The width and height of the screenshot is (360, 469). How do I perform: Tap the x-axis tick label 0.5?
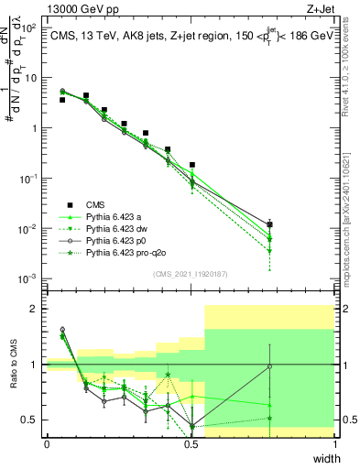(x=191, y=444)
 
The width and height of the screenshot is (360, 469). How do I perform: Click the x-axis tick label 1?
(x=335, y=444)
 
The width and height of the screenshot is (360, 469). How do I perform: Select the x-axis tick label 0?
(x=47, y=444)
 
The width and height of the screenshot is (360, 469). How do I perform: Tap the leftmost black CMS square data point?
(x=62, y=100)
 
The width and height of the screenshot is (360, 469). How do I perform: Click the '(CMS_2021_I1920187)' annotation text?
(x=191, y=273)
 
